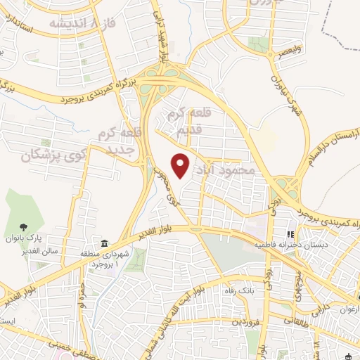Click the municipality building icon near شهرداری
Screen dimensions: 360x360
104,244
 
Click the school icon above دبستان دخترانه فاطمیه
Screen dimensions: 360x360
289,234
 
